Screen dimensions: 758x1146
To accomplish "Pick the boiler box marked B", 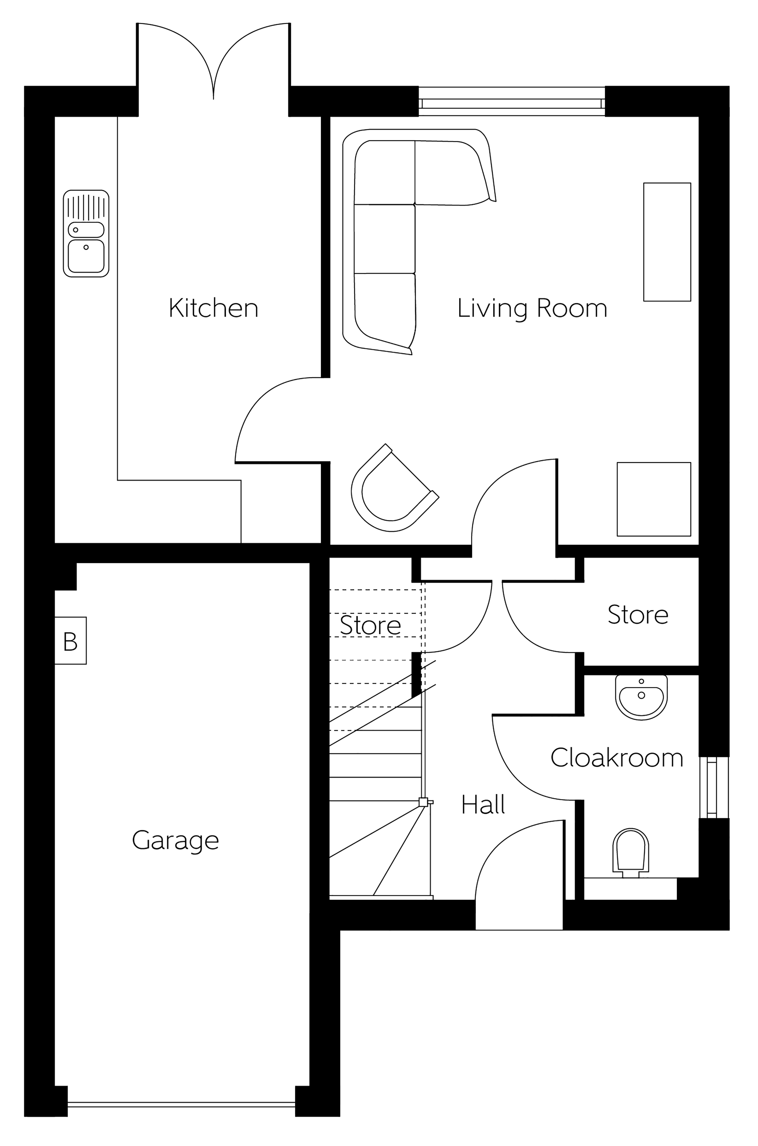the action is pyautogui.click(x=70, y=641).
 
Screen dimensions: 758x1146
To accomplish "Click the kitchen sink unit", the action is pyautogui.click(x=86, y=233).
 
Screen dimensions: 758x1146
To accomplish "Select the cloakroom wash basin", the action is pyautogui.click(x=641, y=697).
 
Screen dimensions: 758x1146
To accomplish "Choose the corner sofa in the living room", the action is pyautogui.click(x=419, y=242).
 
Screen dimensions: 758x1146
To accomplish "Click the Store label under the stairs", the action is pyautogui.click(x=370, y=625).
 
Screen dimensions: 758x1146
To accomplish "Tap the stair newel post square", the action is pyautogui.click(x=423, y=802).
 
